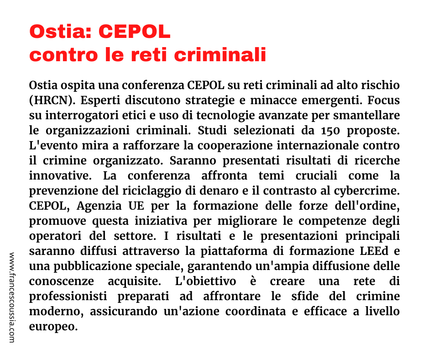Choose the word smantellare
pyautogui.click(x=368, y=115)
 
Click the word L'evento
pyautogui.click(x=50, y=145)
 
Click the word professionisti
pyautogui.click(x=68, y=296)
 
